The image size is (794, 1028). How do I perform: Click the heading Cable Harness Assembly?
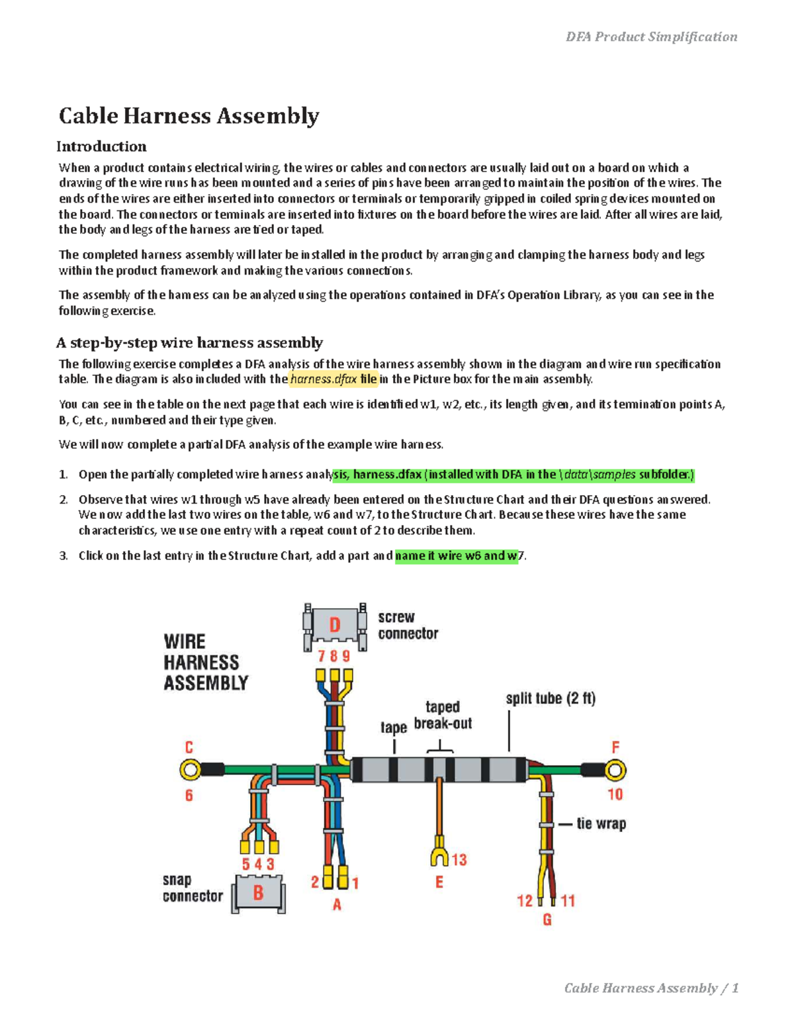click(x=189, y=116)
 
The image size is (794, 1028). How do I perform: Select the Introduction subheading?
click(x=101, y=146)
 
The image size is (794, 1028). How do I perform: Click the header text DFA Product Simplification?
click(x=651, y=37)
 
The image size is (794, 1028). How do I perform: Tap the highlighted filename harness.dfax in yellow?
click(x=333, y=379)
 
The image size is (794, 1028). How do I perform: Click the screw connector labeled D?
click(x=335, y=625)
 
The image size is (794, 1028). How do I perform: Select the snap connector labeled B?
click(x=258, y=894)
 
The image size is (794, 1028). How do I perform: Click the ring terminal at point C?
click(x=191, y=769)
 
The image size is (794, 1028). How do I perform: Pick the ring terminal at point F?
click(x=615, y=770)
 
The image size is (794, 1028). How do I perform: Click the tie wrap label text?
click(x=601, y=824)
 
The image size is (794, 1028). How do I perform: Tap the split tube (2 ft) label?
click(x=551, y=699)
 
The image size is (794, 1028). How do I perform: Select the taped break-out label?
click(x=443, y=716)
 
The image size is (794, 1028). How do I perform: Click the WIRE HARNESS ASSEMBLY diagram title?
click(x=205, y=662)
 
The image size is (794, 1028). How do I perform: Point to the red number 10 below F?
click(x=615, y=794)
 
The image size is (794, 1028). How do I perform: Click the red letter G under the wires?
click(x=547, y=919)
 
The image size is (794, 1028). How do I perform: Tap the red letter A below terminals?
click(x=337, y=904)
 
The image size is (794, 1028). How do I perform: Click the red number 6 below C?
click(x=189, y=795)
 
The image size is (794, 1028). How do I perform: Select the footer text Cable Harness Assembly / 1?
click(x=651, y=988)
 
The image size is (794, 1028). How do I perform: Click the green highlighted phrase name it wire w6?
click(x=456, y=556)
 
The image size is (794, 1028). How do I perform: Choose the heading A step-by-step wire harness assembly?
click(x=190, y=343)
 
